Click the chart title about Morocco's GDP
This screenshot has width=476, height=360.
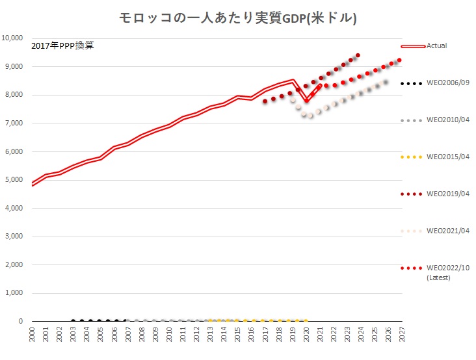pyautogui.click(x=238, y=18)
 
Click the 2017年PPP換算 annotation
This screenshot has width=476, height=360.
pyautogui.click(x=62, y=45)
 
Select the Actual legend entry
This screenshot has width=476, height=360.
pyautogui.click(x=436, y=45)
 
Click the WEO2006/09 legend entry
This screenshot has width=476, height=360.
pyautogui.click(x=448, y=83)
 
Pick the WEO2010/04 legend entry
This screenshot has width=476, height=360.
pyautogui.click(x=448, y=120)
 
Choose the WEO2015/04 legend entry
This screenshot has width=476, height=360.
pyautogui.click(x=448, y=157)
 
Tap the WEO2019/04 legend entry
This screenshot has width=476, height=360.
pyautogui.click(x=448, y=194)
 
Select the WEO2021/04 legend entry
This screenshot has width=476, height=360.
pyautogui.click(x=448, y=231)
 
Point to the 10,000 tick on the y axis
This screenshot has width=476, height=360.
pyautogui.click(x=14, y=38)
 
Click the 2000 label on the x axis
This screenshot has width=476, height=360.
pyautogui.click(x=33, y=334)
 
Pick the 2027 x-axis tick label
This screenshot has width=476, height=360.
pyautogui.click(x=402, y=334)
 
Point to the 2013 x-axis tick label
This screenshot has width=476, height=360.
pyautogui.click(x=210, y=334)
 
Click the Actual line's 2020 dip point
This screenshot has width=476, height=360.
pyautogui.click(x=306, y=101)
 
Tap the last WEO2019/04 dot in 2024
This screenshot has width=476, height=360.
pyautogui.click(x=358, y=55)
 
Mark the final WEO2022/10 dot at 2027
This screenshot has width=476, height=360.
pyautogui.click(x=399, y=60)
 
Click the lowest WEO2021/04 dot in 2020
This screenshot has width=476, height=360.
pyautogui.click(x=311, y=116)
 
